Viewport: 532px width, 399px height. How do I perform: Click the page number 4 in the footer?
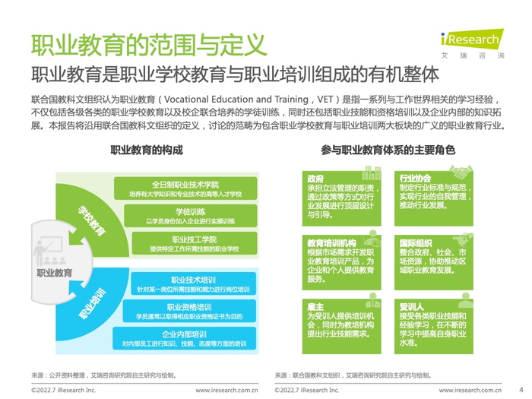[521, 389]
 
